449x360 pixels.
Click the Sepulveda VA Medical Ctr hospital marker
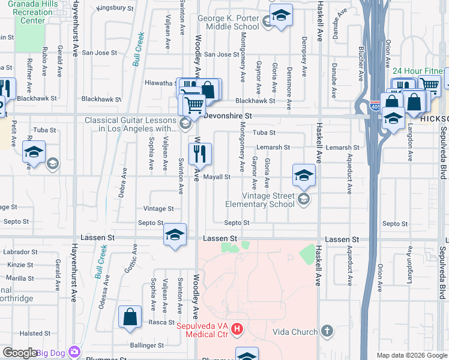[x=238, y=329]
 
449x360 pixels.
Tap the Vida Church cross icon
[x=327, y=331]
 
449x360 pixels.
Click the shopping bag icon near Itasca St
[x=130, y=318]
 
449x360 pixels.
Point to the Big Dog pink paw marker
[x=74, y=351]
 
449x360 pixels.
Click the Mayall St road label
[x=217, y=177]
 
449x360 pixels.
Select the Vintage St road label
[x=158, y=209]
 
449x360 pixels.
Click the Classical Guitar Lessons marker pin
[x=185, y=125]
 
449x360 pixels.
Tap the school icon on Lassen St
[x=175, y=234]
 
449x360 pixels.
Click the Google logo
[x=20, y=353]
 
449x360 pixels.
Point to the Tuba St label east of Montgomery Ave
[x=264, y=133]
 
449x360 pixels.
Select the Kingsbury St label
[x=115, y=8]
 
